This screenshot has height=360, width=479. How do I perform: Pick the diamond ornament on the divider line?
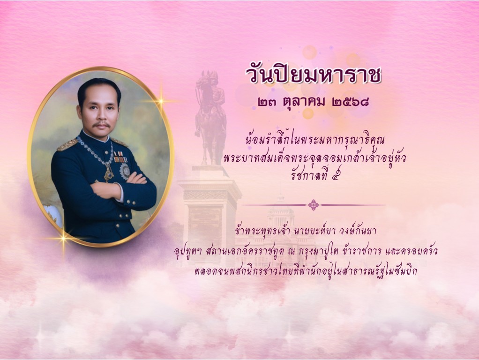point(314,205)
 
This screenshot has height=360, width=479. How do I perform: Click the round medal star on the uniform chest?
point(125,172)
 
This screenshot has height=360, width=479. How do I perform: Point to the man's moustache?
point(102,124)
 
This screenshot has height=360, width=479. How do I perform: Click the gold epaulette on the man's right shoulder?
point(67,145)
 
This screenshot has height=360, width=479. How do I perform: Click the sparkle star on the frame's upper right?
point(161,101)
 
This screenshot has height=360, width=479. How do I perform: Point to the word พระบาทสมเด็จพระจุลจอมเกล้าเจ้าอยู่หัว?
point(314,158)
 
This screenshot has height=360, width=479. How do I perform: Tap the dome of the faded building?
point(280,210)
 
